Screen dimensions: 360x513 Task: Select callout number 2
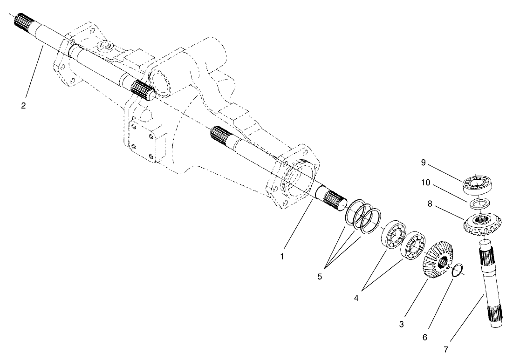23,105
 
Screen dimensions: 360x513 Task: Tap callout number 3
402,324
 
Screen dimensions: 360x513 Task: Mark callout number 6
424,337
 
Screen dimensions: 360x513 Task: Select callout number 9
423,163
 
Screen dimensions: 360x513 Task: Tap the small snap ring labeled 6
458,271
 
